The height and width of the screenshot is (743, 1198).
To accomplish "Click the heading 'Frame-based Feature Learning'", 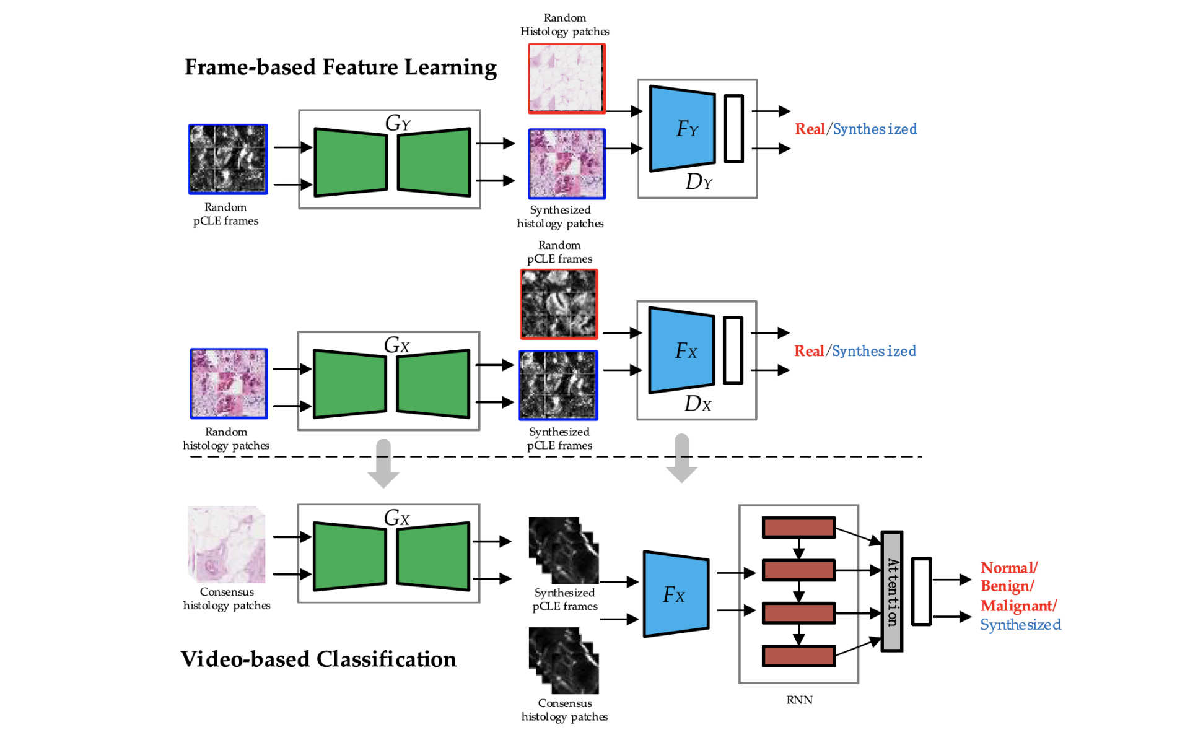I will pos(340,67).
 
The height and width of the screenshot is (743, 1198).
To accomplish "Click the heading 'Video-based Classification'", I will pos(318,659).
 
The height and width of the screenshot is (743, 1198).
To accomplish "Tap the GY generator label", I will pos(397,123).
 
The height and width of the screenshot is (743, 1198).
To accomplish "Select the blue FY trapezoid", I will pos(682,129).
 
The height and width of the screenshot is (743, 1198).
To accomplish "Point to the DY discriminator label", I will pos(699,181).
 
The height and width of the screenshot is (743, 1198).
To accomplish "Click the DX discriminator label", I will pos(697,404).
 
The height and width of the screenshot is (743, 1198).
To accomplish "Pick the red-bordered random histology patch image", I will pos(566,78).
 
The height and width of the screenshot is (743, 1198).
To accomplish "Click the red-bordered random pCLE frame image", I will pos(559,303).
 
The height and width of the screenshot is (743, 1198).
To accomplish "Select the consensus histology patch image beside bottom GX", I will pos(227,544).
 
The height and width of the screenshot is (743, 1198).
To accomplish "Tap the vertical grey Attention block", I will pos(891,591).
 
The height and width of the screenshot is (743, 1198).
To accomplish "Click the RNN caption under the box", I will pos(799,700).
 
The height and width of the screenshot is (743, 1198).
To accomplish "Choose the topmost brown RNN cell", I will pos(798,528).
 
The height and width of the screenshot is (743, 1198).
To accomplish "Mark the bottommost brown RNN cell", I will pos(798,656).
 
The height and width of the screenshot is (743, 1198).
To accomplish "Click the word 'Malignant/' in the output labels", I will pos(1018,606).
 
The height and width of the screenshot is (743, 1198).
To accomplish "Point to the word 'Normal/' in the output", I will pos(1008,568).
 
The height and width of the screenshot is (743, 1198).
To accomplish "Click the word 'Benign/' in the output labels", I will pos(1007,586).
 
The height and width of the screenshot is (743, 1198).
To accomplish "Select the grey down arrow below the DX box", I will pos(681,459).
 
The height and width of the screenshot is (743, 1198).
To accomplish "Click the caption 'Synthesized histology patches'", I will pos(560,217).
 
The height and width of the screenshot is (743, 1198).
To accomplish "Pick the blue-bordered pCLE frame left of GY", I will pos(228,159).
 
